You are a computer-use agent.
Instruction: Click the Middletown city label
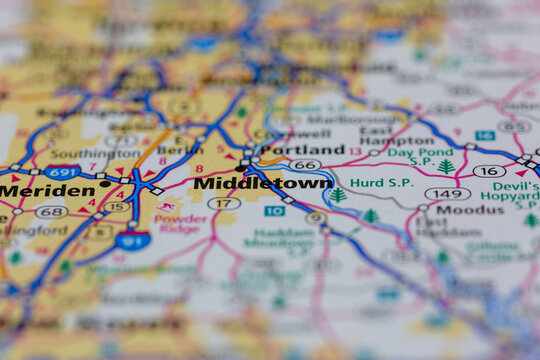[x=262, y=184]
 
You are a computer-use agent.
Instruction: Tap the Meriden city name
[x=47, y=190]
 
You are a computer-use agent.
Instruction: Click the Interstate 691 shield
[x=62, y=172]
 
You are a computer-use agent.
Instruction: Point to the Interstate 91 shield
[x=131, y=240]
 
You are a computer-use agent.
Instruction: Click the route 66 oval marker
[x=305, y=165]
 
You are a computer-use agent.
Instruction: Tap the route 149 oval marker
[x=447, y=194]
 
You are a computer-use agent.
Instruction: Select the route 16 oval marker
[x=489, y=171]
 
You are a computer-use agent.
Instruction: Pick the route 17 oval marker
[x=223, y=203]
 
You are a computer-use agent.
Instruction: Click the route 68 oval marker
[x=50, y=212]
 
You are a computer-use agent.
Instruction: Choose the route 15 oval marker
[x=116, y=207]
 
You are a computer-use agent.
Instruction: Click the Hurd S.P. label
[x=381, y=183]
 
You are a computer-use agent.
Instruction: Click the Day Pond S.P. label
[x=410, y=155]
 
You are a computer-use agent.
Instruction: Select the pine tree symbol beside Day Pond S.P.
[x=445, y=166]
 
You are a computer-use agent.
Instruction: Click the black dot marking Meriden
[x=104, y=184]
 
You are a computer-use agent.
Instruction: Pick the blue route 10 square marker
[x=274, y=211]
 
